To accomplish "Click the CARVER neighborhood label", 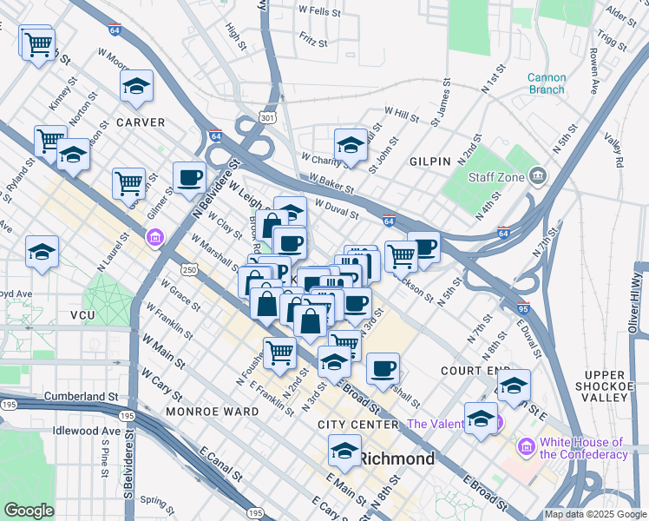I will (x=141, y=122).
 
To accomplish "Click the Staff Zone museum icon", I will (x=538, y=177).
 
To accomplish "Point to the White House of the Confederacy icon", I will (x=524, y=448).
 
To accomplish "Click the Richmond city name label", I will (x=397, y=458).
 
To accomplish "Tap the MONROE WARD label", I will (x=213, y=411).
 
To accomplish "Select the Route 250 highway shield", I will (x=189, y=272).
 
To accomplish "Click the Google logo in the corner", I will (x=29, y=510).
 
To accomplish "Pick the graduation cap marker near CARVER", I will (x=136, y=85).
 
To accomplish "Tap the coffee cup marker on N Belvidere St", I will (x=189, y=178).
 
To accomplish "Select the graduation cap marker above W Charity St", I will (x=351, y=143).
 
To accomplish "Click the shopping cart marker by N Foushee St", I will (x=279, y=352).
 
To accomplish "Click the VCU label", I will (x=82, y=315).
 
